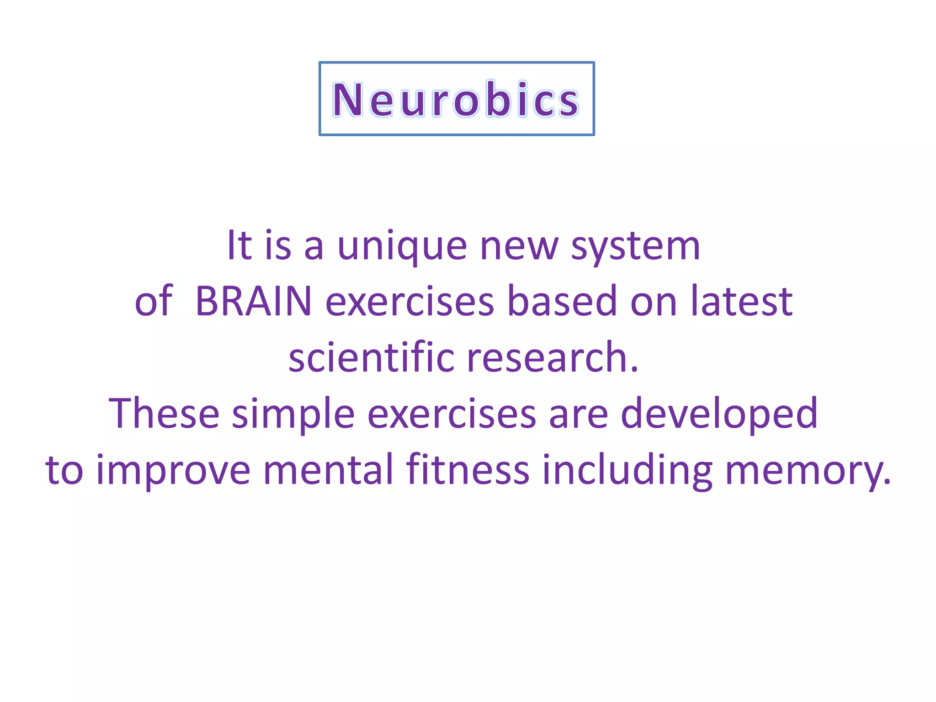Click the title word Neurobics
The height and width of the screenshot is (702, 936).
pos(456,99)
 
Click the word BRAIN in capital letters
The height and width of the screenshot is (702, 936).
pos(254,301)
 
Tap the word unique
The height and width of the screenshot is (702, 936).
pos(402,247)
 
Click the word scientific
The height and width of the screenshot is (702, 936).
pos(372,358)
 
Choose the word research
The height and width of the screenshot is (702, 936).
pos(553,358)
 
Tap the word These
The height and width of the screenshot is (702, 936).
pos(164,414)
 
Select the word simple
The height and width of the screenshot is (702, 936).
pos(293,414)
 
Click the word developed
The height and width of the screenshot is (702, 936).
pos(719,414)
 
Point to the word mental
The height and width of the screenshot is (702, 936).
pos(329,470)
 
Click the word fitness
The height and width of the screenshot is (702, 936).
pos(468,470)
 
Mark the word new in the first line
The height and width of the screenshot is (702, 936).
pos(519,247)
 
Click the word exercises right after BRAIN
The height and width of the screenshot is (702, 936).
pos(409,301)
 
